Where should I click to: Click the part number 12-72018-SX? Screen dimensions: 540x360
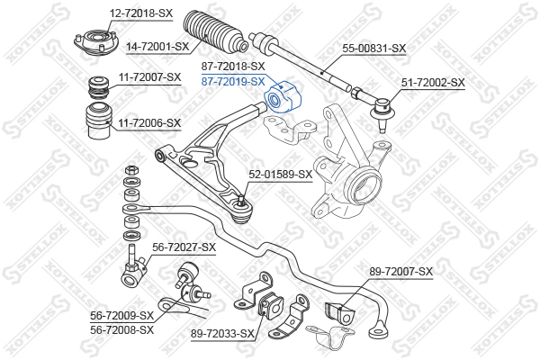[x=141, y=13]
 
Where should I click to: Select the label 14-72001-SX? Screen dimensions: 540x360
[x=157, y=47]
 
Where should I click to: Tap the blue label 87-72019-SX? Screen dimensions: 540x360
[x=233, y=82]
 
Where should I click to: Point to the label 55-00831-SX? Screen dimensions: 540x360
[x=374, y=49]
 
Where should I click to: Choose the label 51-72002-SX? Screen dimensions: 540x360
[x=433, y=83]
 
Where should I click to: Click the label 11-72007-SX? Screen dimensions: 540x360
[x=149, y=77]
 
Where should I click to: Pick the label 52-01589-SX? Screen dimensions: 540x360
[x=281, y=175]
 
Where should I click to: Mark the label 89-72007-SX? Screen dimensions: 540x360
[x=401, y=272]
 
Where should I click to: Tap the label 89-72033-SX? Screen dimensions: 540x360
[x=222, y=334]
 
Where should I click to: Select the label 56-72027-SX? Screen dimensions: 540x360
[x=184, y=247]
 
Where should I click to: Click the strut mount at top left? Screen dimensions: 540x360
[x=96, y=43]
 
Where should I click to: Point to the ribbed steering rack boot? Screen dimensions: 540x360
[x=214, y=31]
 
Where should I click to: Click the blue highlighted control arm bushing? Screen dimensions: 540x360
[x=283, y=98]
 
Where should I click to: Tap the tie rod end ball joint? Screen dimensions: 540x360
[x=381, y=112]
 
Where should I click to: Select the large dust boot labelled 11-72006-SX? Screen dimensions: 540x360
[x=99, y=121]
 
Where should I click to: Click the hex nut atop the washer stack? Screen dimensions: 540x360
[x=132, y=170]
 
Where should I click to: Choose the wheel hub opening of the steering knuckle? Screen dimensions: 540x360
[x=365, y=186]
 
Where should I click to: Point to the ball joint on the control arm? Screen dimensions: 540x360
[x=242, y=210]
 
